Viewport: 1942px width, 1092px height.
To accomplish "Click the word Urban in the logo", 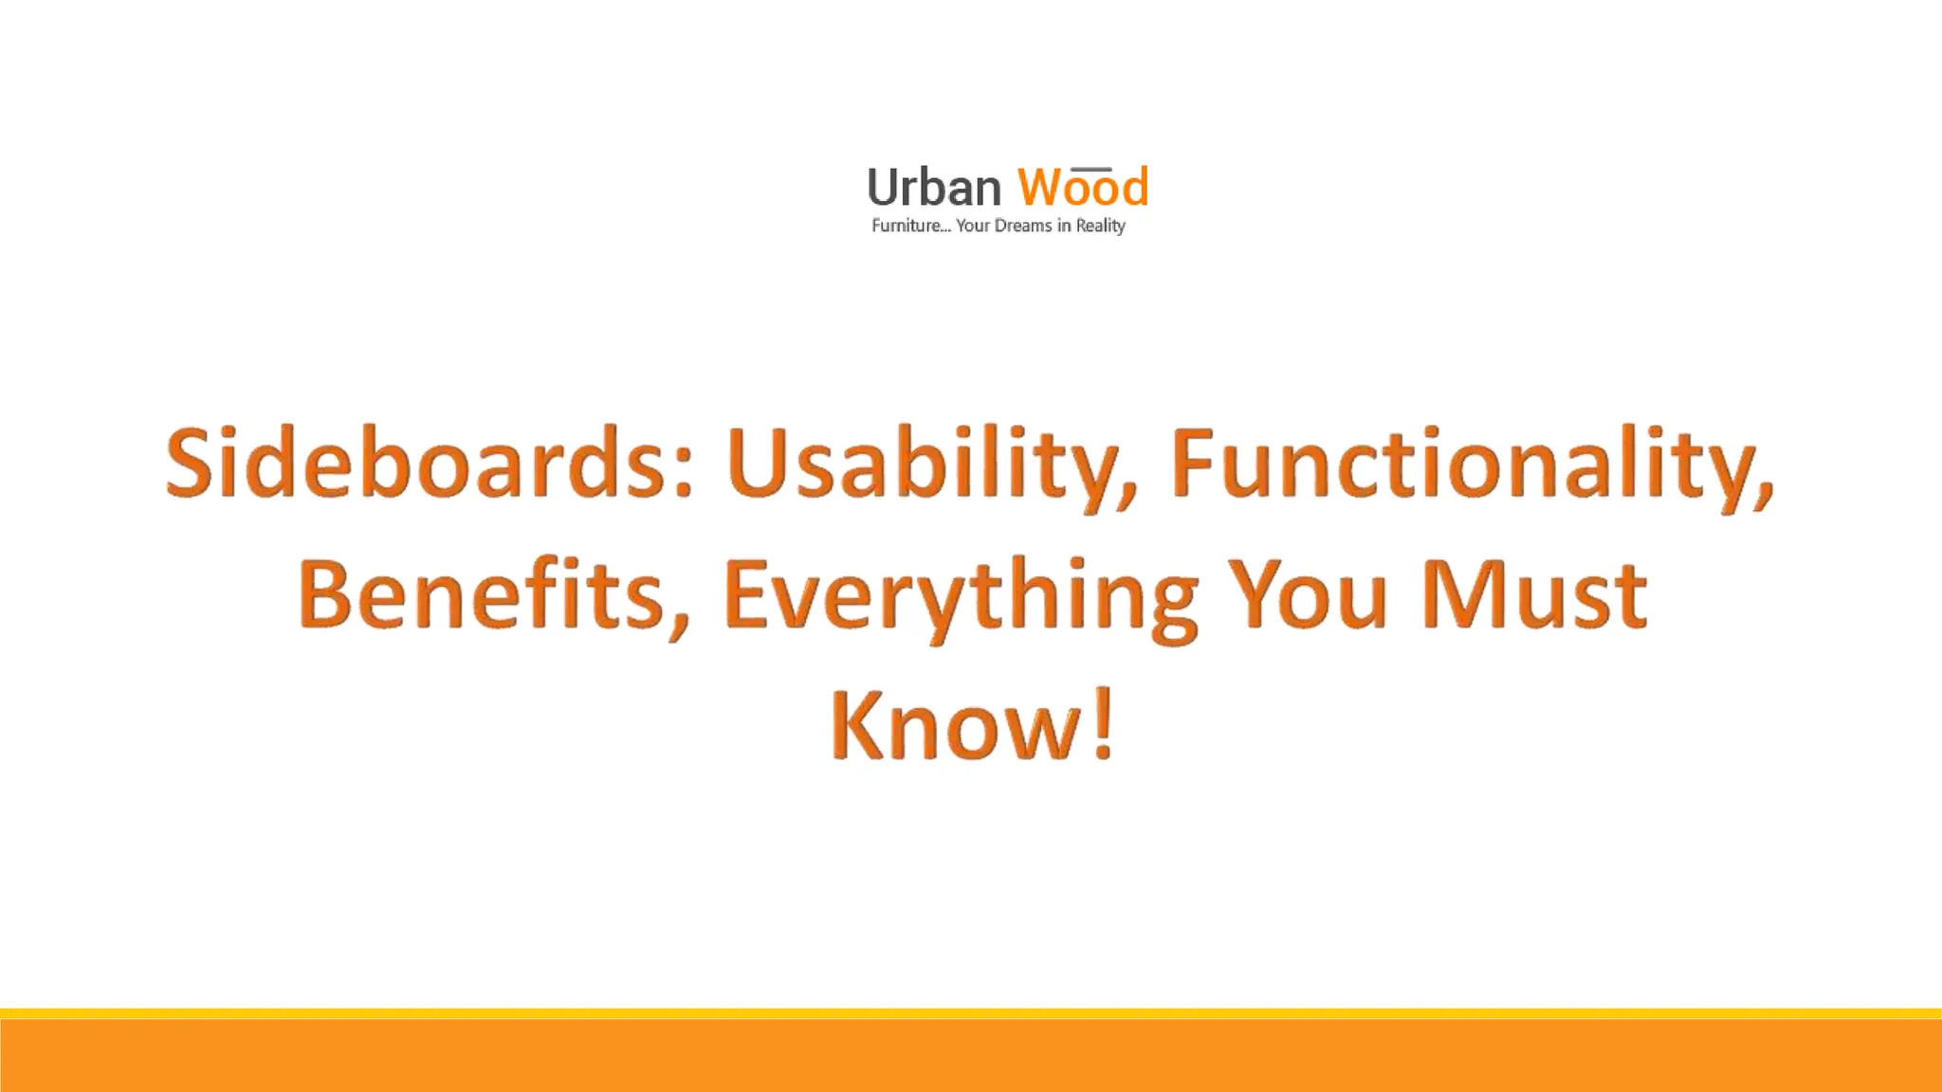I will pos(934,188).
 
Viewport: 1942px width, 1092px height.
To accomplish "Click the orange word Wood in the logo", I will pos(1083,188).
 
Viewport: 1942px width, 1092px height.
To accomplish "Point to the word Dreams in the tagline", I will pos(1023,226).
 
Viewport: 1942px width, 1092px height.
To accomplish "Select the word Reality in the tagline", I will pos(1100,226).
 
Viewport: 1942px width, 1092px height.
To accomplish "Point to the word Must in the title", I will pos(1534,594).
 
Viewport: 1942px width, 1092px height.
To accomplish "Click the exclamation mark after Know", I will pos(1103,725).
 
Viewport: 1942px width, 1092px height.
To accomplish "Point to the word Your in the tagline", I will pos(973,226).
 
